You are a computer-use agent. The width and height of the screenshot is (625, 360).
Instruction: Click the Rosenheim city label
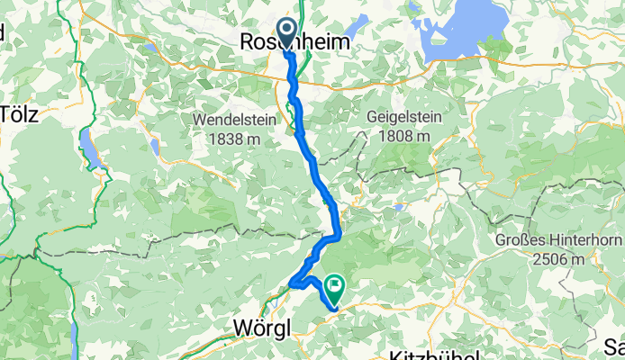[x=294, y=41]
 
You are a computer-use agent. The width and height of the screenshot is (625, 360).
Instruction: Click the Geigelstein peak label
[x=399, y=117]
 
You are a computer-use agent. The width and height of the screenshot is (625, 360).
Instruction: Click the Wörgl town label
[x=262, y=329]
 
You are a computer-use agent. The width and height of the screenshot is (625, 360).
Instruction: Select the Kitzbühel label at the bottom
[x=433, y=355]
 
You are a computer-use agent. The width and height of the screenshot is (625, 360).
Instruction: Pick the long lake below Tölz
[x=90, y=148]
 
